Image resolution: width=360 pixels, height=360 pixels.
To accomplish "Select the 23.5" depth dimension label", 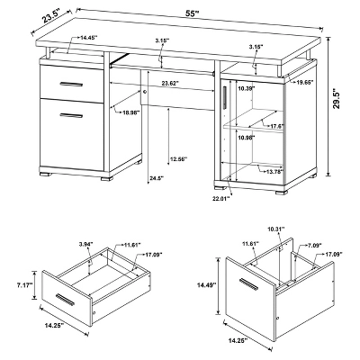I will click(33, 16).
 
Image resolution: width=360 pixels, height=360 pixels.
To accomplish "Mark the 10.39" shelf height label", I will click(245, 89).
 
